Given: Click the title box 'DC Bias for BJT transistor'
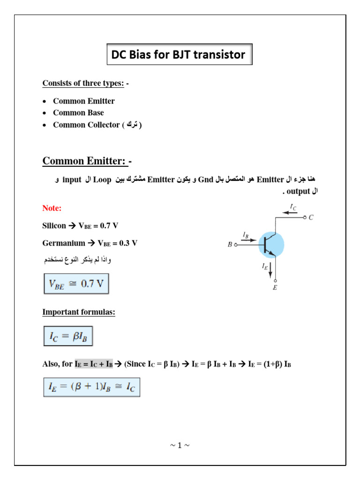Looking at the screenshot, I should coord(179,55).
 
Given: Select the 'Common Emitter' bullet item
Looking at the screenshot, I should coord(83,101).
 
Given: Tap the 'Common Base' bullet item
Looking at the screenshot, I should coord(78,112).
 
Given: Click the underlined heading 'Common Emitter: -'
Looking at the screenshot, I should coord(87,161).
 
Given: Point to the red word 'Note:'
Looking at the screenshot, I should coord(52,208).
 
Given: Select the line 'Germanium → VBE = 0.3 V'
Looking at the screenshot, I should coord(90,243).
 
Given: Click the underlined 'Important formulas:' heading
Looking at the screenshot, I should coord(79,312).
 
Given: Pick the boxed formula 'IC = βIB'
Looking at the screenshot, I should coord(68,336).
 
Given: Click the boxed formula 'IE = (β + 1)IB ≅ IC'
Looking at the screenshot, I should coord(92,387).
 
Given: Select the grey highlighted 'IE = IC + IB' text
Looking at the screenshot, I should coord(94,364).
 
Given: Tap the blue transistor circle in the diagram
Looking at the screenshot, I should coord(271,245).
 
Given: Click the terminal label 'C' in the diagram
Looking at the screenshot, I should coord(311,217).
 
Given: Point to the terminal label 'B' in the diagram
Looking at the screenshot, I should coord(230,244).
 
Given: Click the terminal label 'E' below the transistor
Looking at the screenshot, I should coord(275,287).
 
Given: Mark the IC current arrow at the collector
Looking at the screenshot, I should coord(291,211).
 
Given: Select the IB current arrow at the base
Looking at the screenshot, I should coord(249,240).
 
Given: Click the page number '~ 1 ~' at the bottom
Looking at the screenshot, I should coord(180,445).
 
